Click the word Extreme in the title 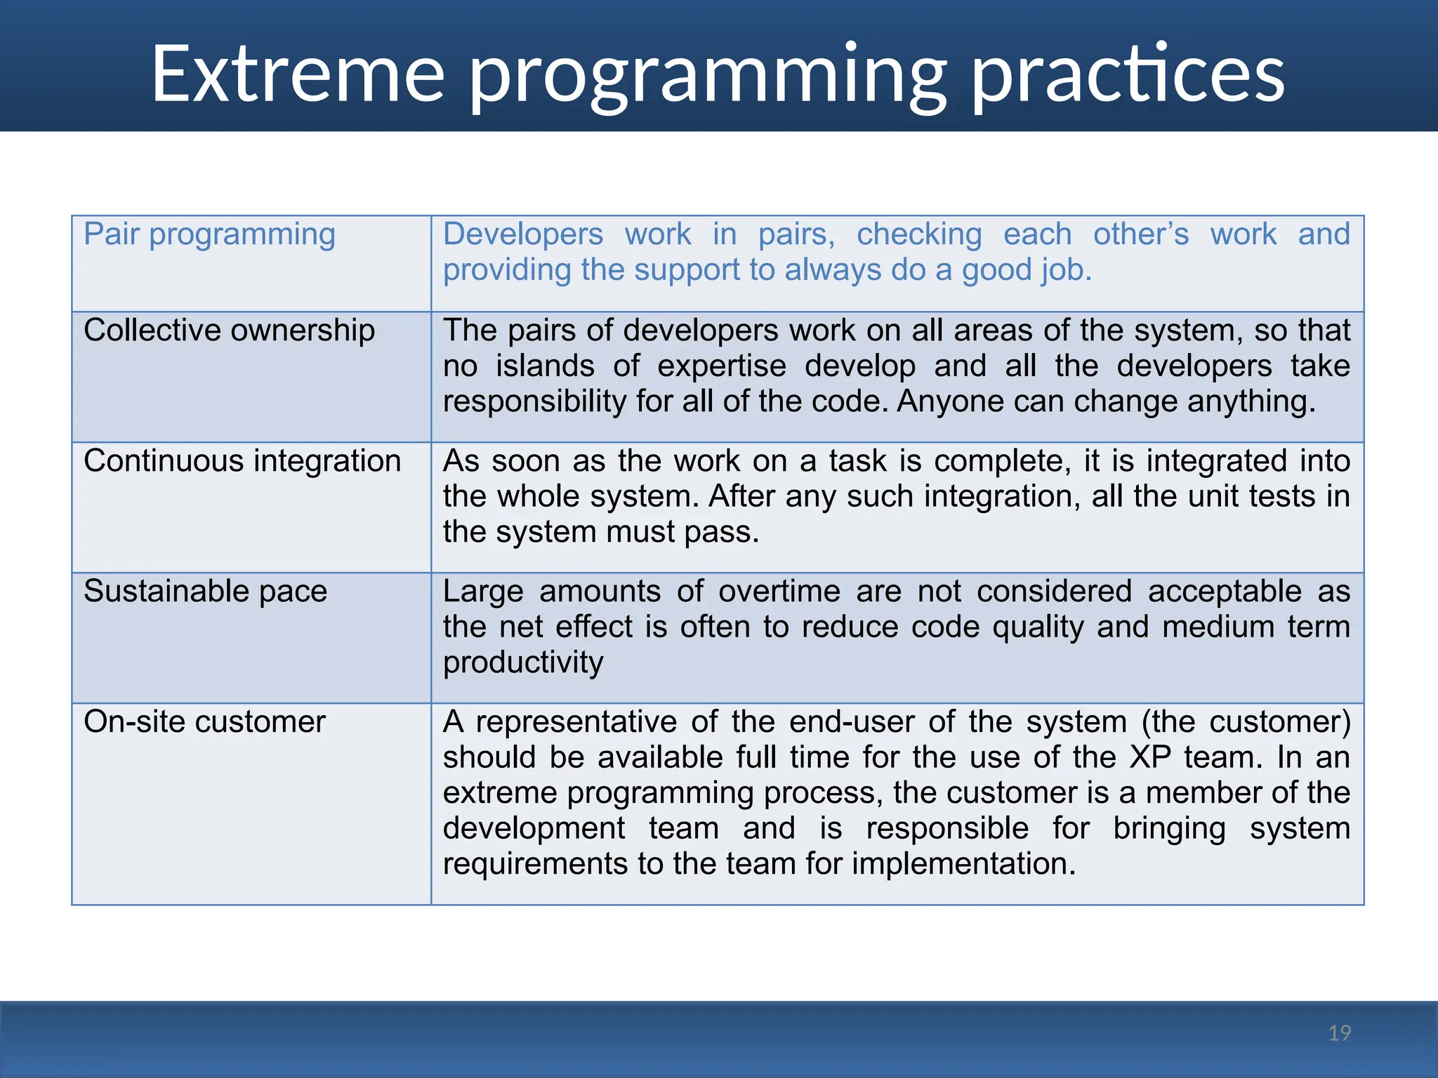click(298, 74)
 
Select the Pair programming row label click(209, 235)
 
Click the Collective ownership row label click(229, 331)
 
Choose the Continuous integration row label click(242, 461)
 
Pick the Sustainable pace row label click(205, 592)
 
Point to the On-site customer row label click(204, 722)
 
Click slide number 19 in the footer click(1340, 1033)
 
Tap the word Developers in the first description click(522, 234)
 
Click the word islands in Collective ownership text click(545, 366)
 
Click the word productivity click(523, 663)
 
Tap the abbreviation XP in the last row click(1150, 758)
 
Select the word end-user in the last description click(851, 722)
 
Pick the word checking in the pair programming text click(918, 234)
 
